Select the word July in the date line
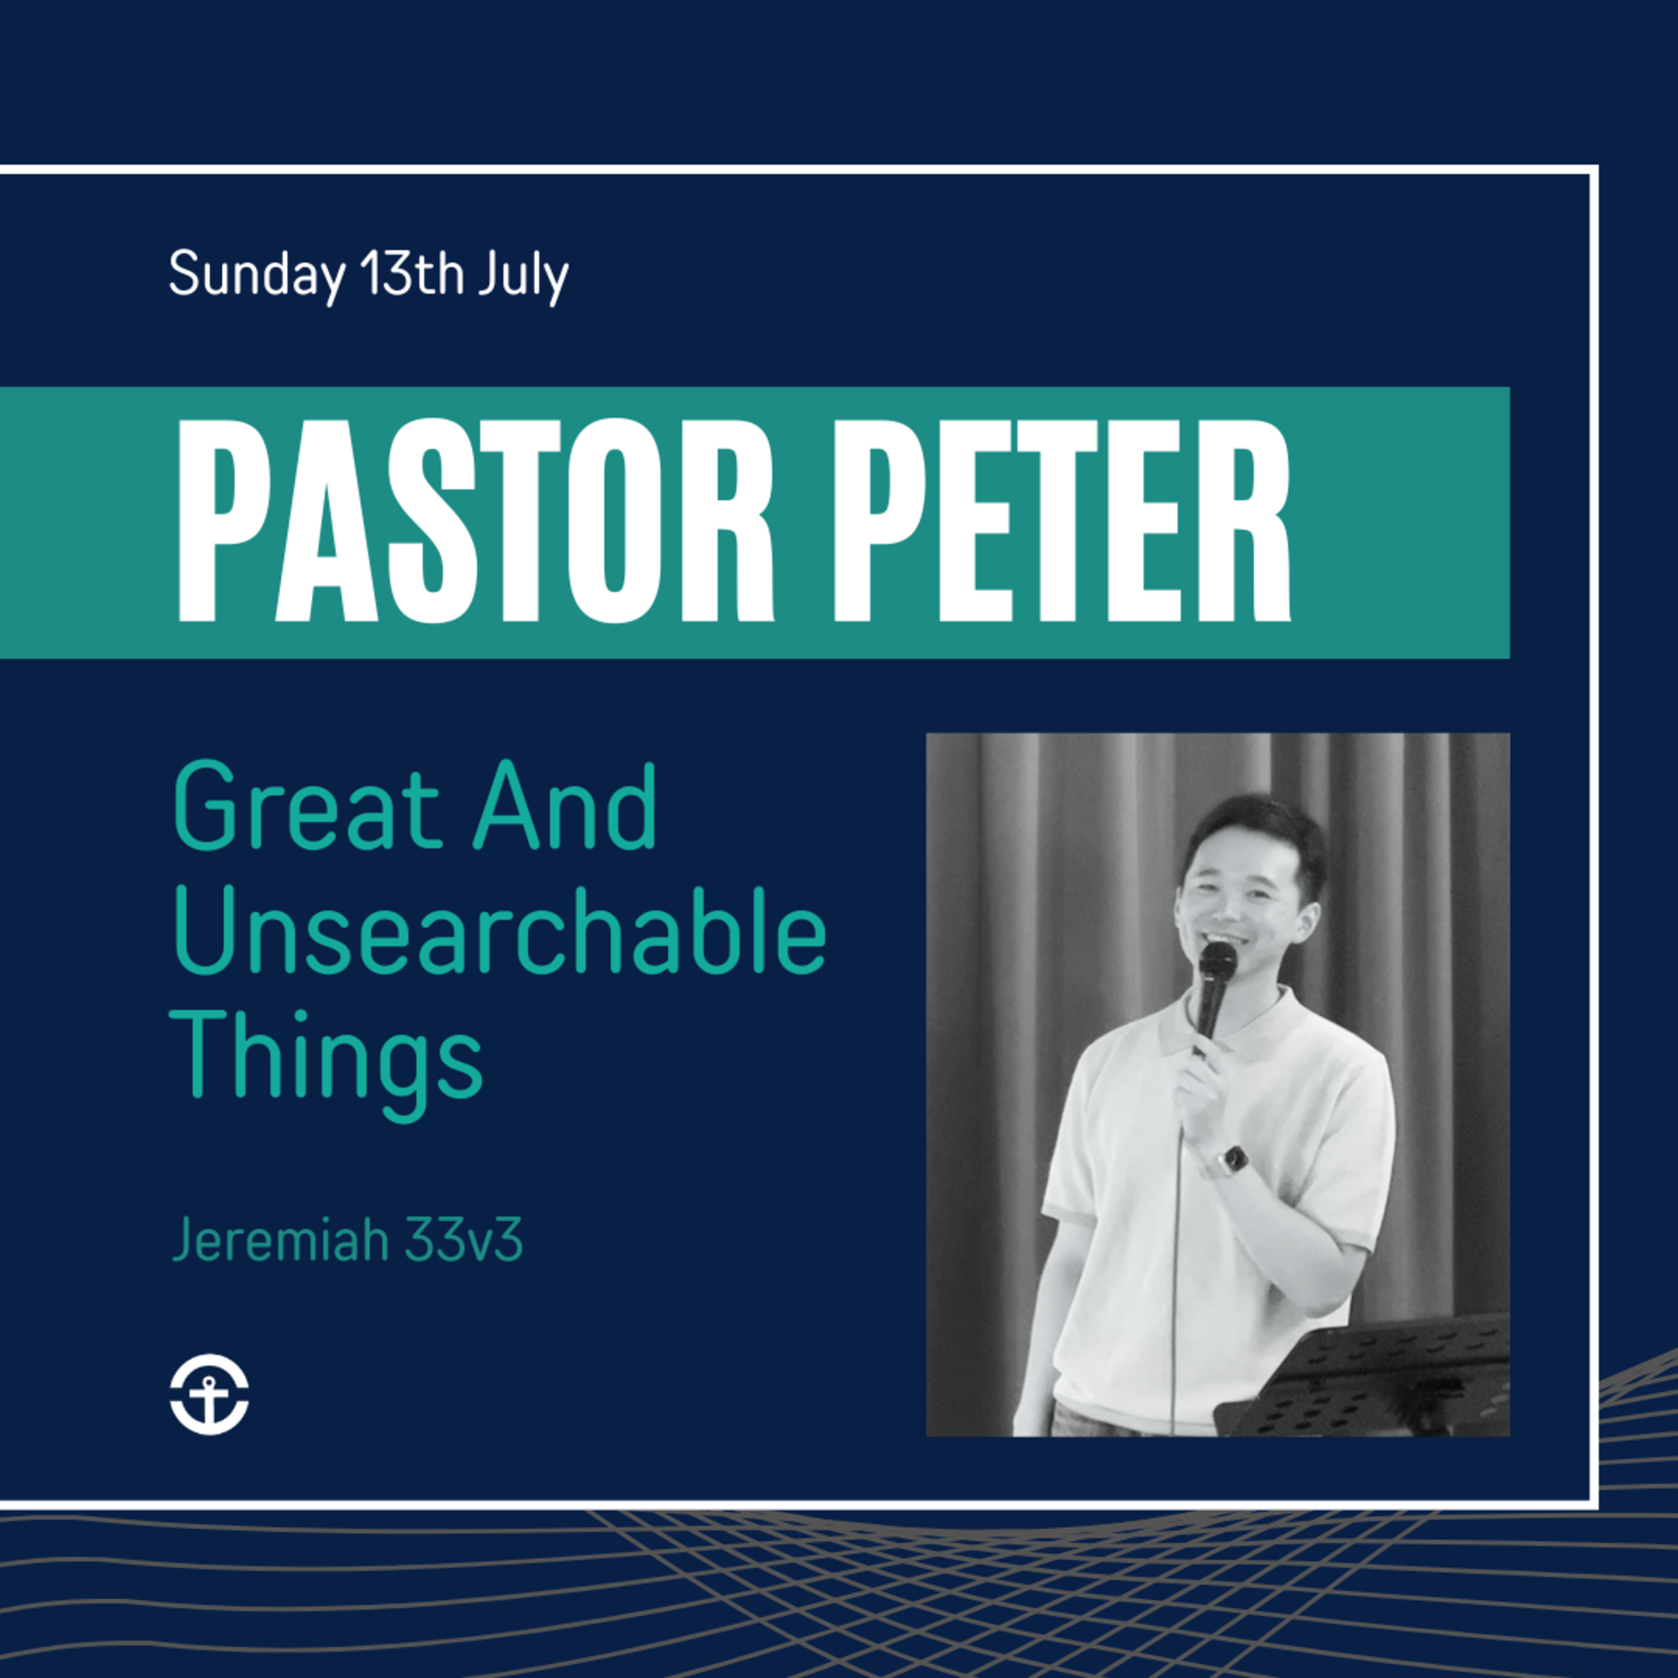[x=524, y=277]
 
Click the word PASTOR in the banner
[x=475, y=521]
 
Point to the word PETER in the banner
[x=1062, y=521]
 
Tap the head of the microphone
[x=1218, y=962]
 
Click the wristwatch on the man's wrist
[x=1231, y=1158]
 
